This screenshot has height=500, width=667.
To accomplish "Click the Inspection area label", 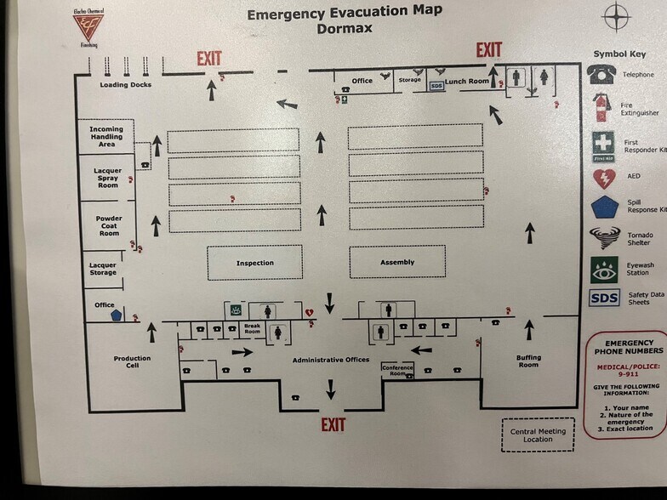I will [x=255, y=263].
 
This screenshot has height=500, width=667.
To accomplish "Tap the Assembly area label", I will [x=396, y=262].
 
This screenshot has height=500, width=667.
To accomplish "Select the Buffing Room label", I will [x=528, y=361].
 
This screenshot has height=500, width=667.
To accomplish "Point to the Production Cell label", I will [x=132, y=361].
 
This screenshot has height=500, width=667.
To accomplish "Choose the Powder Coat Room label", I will [x=109, y=225].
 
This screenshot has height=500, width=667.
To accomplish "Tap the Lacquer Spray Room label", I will [x=107, y=178].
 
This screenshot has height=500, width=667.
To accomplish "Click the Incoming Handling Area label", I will [x=106, y=136].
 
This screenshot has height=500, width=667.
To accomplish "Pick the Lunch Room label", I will [x=467, y=82].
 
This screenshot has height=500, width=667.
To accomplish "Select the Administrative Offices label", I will [x=331, y=360].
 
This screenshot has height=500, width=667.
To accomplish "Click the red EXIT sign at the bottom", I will [x=333, y=424].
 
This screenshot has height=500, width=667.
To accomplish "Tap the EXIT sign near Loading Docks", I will [x=209, y=59].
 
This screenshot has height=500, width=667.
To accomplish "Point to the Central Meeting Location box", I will [x=538, y=435].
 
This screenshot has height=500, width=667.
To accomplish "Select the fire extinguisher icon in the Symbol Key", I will [x=601, y=107].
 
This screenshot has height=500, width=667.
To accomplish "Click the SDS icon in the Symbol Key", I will [x=604, y=298].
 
